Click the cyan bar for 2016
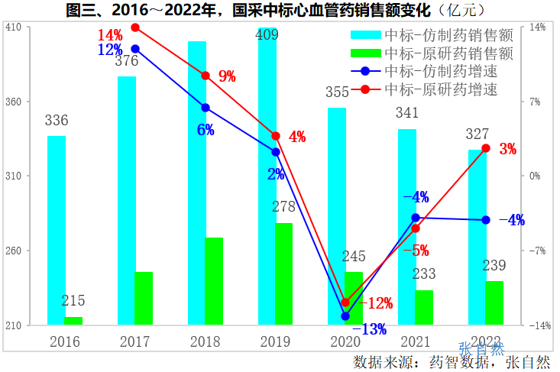57,230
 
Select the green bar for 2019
283,273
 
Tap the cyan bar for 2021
407,227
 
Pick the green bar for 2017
144,298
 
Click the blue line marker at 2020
345,315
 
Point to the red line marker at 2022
485,148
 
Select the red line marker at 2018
206,76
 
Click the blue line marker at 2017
135,49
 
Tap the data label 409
267,35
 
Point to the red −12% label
375,303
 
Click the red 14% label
110,36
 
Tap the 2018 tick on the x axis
205,341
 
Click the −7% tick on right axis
538,251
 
